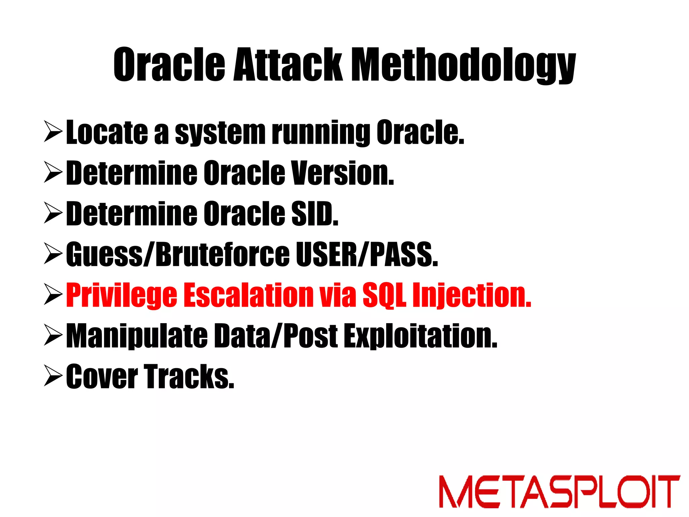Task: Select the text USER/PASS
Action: coord(367,255)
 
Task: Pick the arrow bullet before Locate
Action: coord(53,133)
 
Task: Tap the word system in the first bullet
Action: coord(220,133)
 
